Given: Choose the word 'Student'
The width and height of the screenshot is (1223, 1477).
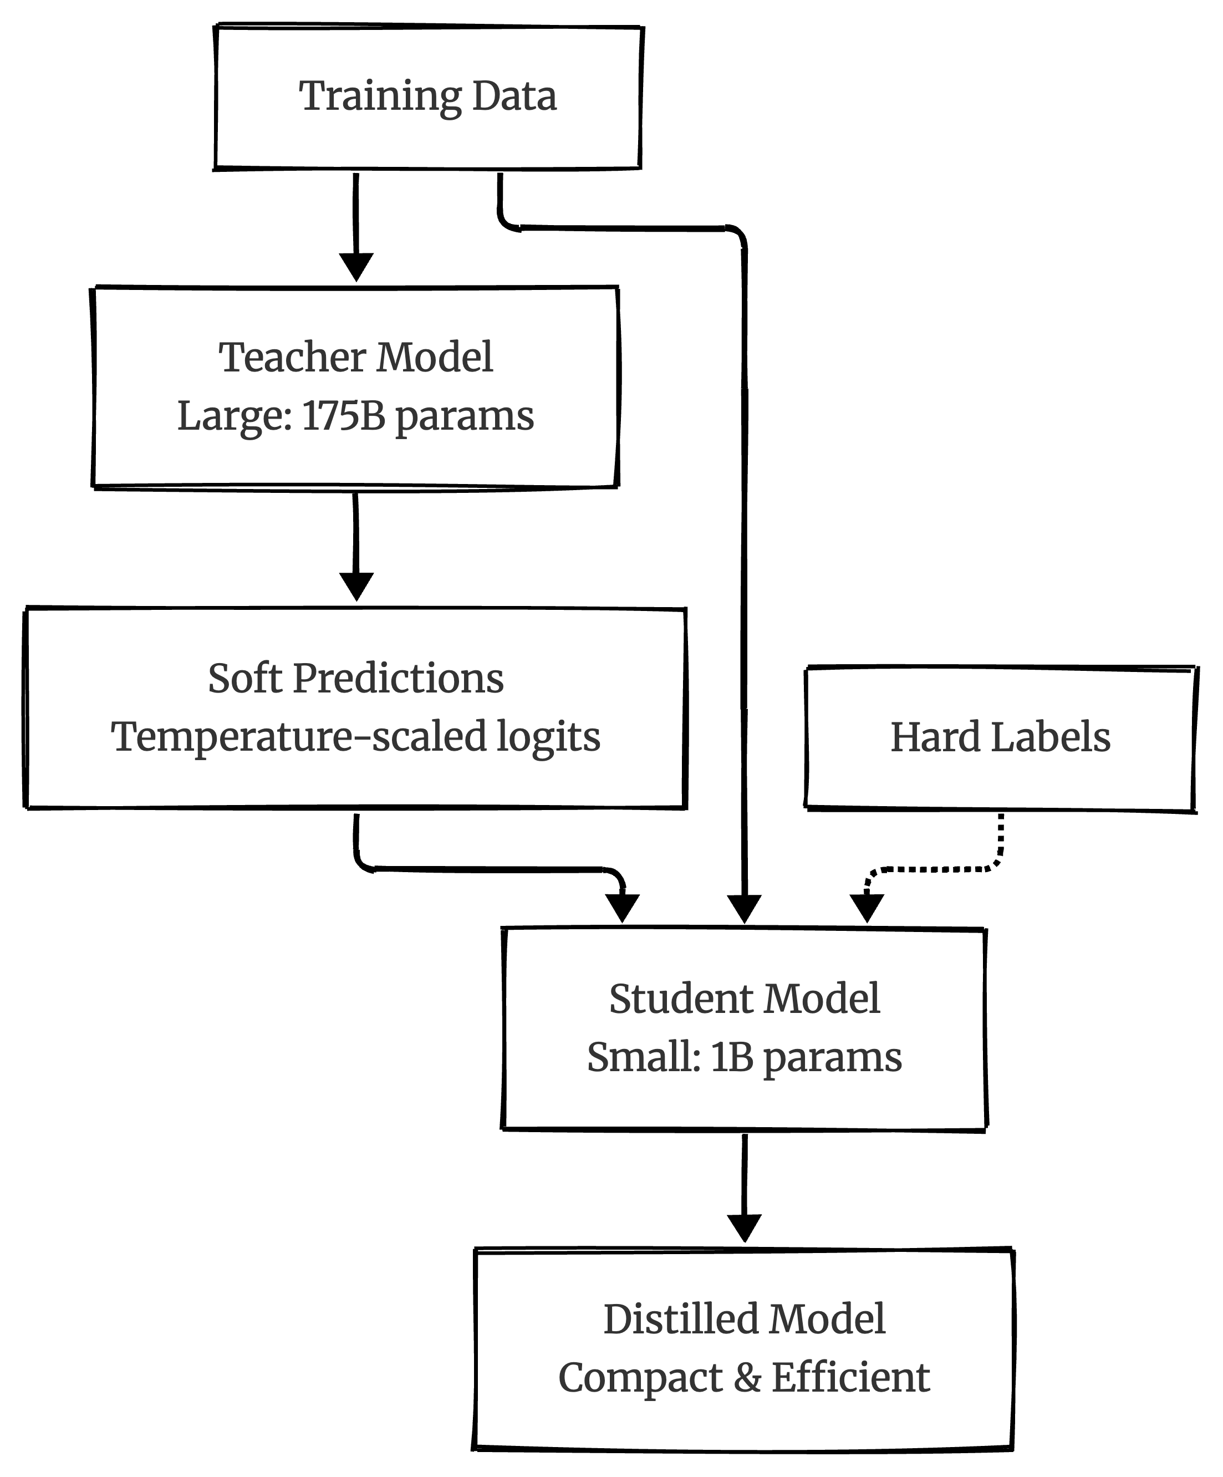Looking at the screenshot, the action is coord(681,999).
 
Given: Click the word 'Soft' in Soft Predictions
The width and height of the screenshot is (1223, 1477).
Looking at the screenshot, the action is coord(244,679).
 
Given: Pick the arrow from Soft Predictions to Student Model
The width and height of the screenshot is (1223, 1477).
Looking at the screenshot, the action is coord(492,870).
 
